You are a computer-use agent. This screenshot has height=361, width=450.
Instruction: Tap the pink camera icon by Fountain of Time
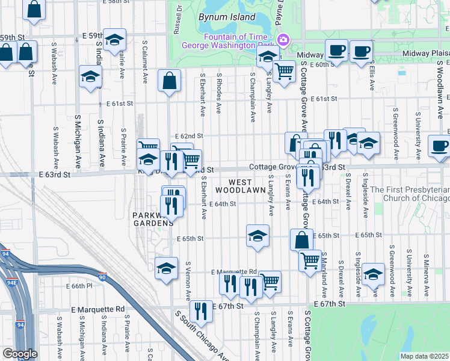pyautogui.click(x=282, y=40)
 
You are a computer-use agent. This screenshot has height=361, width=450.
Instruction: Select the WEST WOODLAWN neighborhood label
pyautogui.click(x=247, y=186)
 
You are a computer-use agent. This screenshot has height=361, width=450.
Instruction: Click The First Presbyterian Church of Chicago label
pyautogui.click(x=409, y=194)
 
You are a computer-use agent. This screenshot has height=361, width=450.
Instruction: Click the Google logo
pyautogui.click(x=20, y=354)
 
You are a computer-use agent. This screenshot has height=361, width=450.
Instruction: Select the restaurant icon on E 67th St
pyautogui.click(x=200, y=310)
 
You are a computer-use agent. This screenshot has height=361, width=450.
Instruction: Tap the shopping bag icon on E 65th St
pyautogui.click(x=301, y=239)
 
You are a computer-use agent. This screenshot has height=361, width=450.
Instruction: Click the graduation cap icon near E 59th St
pyautogui.click(x=114, y=39)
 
